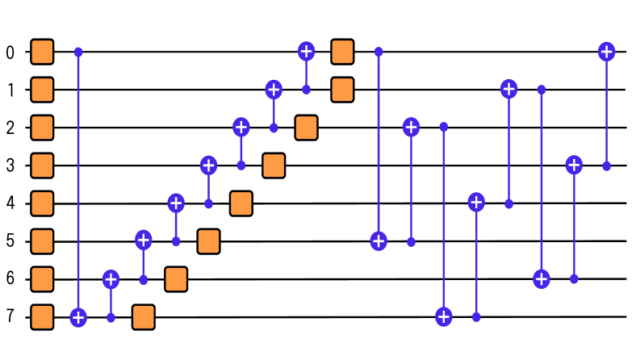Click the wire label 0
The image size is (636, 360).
(10, 52)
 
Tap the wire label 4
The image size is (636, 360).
(10, 203)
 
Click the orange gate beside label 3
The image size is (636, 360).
(42, 165)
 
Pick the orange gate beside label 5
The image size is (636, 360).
(42, 241)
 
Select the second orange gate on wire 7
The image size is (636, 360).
(144, 317)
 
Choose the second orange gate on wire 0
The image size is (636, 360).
(343, 52)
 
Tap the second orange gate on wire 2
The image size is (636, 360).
(306, 128)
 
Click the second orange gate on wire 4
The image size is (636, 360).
(241, 203)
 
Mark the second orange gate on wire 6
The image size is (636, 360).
(176, 279)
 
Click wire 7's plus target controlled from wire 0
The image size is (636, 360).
(78, 317)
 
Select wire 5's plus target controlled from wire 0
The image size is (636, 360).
(379, 241)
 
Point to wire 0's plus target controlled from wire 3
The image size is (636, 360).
(606, 52)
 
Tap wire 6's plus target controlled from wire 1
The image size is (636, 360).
(542, 279)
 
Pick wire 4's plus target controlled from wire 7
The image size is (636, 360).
(476, 202)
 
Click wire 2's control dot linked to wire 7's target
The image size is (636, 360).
(443, 128)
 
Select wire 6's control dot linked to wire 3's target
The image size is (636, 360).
(574, 279)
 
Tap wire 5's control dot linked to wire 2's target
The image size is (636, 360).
(411, 241)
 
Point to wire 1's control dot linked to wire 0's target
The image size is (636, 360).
(306, 90)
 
